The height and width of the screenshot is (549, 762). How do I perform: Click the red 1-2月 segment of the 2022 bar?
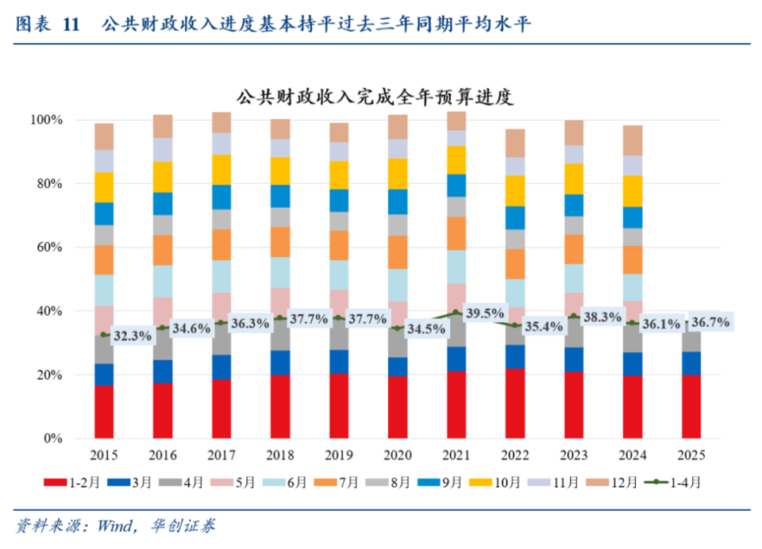tap(515, 403)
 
